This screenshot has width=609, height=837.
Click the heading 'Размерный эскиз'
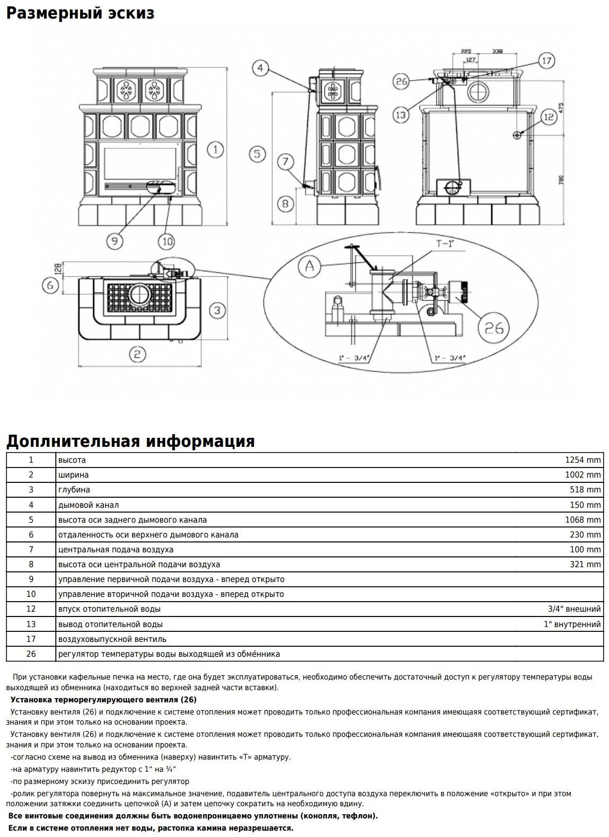tap(80, 13)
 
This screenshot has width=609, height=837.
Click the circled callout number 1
tap(215, 150)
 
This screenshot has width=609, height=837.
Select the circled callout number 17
tap(547, 60)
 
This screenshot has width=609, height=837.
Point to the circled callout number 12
tap(548, 117)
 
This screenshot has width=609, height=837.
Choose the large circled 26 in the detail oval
tap(493, 329)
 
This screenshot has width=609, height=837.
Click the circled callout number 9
tap(114, 241)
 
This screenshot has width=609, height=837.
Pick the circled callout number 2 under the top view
tap(137, 354)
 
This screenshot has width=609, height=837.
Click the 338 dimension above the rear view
tap(497, 51)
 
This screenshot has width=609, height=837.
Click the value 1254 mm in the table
tap(582, 460)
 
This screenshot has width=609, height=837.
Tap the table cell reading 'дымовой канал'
tap(89, 505)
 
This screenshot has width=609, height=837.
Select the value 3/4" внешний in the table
tap(575, 609)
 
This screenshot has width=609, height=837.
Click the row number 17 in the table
tap(31, 639)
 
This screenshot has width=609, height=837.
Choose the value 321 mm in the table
tap(585, 565)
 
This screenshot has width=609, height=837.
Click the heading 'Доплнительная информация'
tap(130, 441)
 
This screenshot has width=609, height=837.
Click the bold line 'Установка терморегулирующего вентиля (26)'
tap(103, 700)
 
